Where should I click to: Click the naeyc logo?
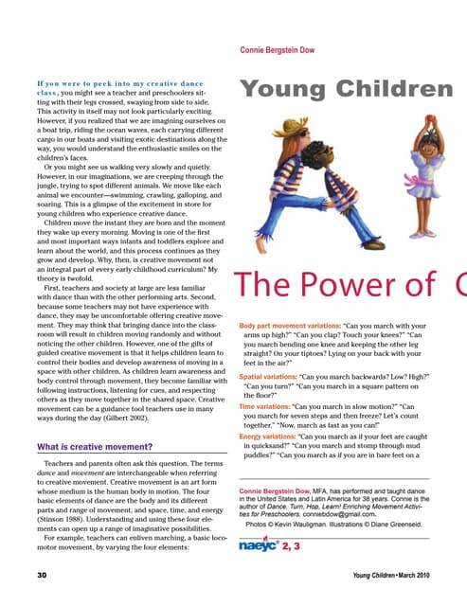pos(256,546)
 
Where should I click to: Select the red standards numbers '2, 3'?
pos(289,547)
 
